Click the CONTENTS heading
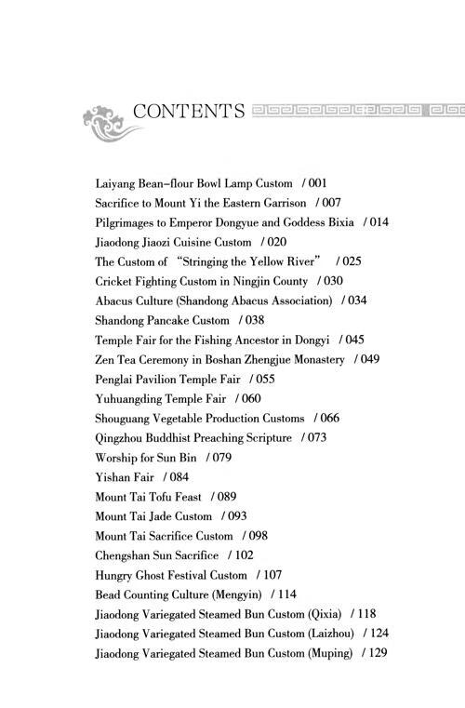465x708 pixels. click(x=189, y=112)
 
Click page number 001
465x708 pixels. click(x=314, y=184)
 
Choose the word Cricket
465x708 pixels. click(x=114, y=281)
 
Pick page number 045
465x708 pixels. click(x=352, y=340)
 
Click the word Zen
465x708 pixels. click(x=105, y=359)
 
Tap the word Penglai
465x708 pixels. click(x=115, y=379)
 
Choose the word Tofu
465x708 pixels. click(x=160, y=496)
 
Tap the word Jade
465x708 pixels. click(x=160, y=515)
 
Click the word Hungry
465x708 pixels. click(x=115, y=574)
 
